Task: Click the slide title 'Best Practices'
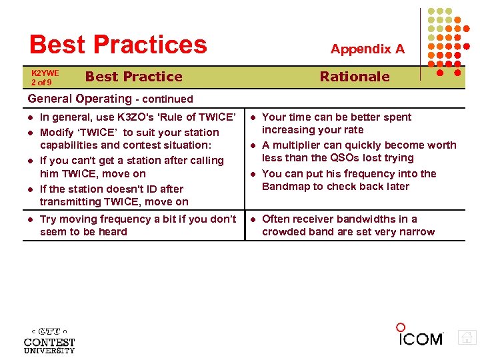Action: (118, 45)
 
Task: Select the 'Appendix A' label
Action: (367, 49)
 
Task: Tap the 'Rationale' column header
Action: (354, 77)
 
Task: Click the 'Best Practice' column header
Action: (133, 77)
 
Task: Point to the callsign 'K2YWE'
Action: (45, 73)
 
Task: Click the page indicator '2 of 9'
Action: (41, 82)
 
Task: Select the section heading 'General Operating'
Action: (80, 99)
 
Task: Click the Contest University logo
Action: (49, 339)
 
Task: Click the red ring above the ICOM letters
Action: (401, 327)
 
